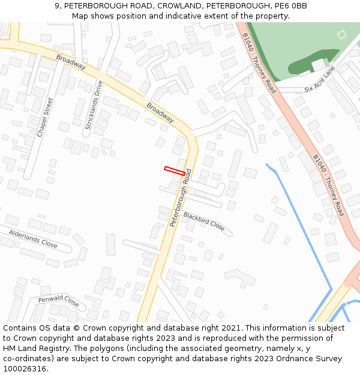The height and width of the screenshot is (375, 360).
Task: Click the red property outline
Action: coord(175,171)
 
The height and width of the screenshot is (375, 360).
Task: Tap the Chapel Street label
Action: coord(45,118)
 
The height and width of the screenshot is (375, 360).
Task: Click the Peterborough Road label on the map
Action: coord(180,197)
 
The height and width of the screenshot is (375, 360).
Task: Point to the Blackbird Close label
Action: coord(204,221)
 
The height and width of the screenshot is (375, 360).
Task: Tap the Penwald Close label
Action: coord(58,300)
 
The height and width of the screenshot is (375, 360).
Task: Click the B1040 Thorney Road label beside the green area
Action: coord(259,63)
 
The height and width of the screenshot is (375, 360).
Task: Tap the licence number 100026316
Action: coord(25,369)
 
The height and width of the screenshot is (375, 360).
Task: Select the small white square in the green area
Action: coord(342,35)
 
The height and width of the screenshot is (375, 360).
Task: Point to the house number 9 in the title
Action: coord(57,6)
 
